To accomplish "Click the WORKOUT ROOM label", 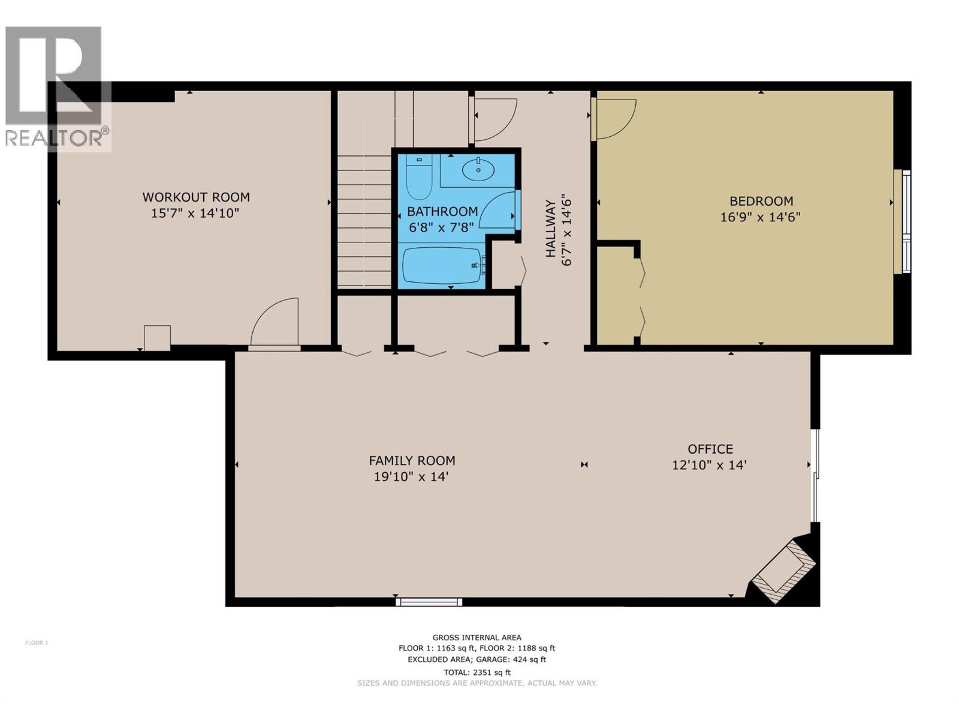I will (195, 197).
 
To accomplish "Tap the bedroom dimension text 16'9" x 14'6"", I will (760, 217).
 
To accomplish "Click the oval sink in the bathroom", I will (478, 170).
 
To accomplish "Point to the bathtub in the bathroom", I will (442, 266).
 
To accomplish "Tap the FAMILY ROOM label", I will (412, 461).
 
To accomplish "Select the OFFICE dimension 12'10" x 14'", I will (709, 465).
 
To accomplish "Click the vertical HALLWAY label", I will (550, 229).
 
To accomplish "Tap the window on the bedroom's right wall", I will (902, 222).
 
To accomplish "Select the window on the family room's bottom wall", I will (429, 601).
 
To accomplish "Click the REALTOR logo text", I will (55, 138).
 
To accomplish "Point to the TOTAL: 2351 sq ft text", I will (477, 672).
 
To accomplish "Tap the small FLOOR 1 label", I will (37, 643).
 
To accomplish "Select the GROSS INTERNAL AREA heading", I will (477, 638).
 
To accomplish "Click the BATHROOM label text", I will (442, 211).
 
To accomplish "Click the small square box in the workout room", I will (157, 338).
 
